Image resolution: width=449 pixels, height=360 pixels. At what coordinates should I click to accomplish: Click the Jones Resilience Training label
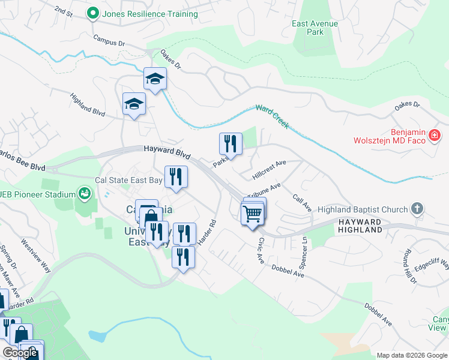click(150, 13)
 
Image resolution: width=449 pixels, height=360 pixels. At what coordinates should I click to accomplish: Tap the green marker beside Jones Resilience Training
click(93, 13)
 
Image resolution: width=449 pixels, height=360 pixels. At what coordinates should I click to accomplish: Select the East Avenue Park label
click(315, 28)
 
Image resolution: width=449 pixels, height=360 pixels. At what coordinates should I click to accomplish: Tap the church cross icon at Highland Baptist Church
click(417, 209)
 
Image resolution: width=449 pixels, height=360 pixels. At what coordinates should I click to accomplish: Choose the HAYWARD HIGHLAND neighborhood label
click(360, 226)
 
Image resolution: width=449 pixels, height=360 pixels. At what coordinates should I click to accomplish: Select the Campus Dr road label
click(109, 40)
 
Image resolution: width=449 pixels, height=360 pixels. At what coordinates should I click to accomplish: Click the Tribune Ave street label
click(265, 190)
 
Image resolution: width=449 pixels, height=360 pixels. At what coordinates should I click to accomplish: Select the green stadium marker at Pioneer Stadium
click(85, 193)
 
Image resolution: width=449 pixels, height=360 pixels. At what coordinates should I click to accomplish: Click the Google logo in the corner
click(20, 353)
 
